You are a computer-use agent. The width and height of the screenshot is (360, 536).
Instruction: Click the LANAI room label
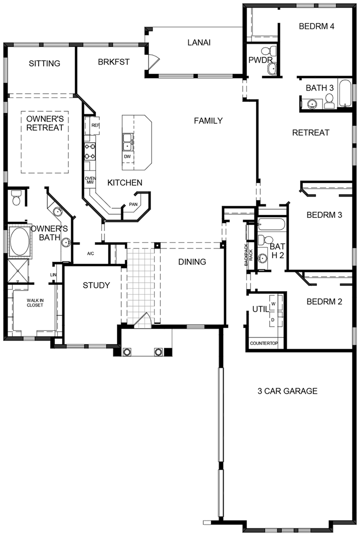click(199, 43)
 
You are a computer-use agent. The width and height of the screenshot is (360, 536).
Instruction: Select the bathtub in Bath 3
click(344, 93)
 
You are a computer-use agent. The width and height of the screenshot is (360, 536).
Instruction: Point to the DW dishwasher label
click(127, 157)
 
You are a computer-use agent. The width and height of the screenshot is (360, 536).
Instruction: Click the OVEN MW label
click(91, 180)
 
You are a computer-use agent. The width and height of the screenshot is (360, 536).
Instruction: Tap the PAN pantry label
click(133, 204)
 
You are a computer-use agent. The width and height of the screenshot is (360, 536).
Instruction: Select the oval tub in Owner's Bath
click(19, 241)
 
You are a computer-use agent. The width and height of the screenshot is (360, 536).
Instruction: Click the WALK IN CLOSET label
click(35, 303)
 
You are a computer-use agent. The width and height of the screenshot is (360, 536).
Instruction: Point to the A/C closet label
click(90, 254)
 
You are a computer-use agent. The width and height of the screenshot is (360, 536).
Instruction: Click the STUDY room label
click(96, 285)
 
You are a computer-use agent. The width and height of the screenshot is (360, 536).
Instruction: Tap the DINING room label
click(192, 262)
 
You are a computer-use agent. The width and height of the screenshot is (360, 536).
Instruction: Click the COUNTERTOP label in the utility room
click(264, 343)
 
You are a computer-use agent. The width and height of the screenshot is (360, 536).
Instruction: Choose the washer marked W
click(274, 303)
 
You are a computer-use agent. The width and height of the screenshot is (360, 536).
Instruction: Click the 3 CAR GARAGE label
click(287, 391)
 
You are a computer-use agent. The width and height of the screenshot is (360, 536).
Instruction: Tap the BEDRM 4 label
click(316, 26)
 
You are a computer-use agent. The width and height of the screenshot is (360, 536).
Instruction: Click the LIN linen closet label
click(53, 275)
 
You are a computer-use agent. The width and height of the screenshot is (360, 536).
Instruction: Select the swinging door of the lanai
click(154, 61)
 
